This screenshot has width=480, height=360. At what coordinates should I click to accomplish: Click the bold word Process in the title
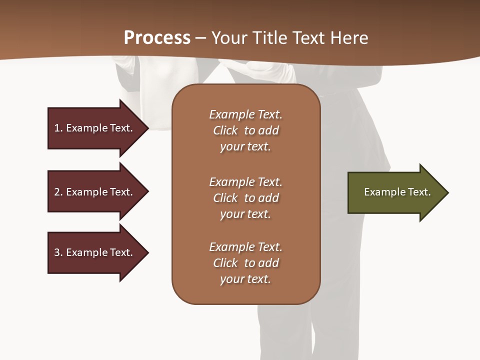tap(157, 38)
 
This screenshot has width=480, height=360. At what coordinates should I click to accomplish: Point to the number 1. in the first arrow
tap(58, 128)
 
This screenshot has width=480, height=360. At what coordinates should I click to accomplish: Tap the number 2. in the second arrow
tap(58, 192)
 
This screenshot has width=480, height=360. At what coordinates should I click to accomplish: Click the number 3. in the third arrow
tap(58, 252)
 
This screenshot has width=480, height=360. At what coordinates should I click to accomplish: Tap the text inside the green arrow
tap(397, 192)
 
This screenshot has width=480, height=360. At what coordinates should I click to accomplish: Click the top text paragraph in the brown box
tap(245, 130)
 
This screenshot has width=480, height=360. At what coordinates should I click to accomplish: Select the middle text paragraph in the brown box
tap(245, 198)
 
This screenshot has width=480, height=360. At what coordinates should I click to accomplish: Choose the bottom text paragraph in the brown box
tap(245, 263)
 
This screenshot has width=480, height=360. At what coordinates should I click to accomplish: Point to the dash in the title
tap(201, 38)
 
